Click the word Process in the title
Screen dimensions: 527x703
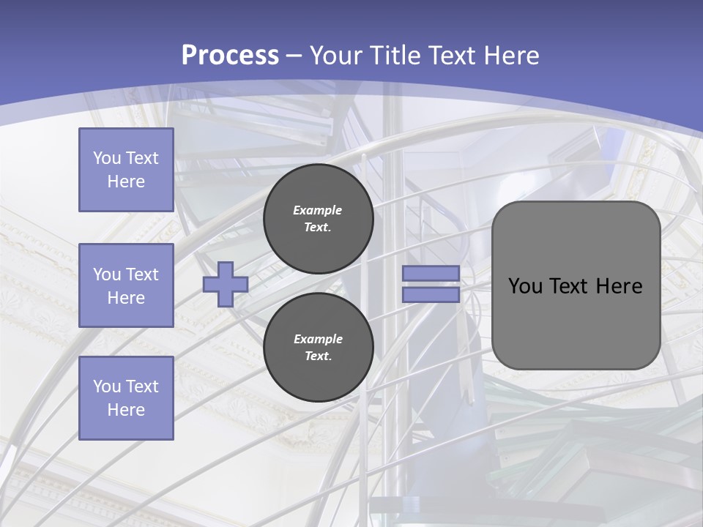230,56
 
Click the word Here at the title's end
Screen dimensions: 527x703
511,56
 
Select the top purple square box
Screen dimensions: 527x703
126,170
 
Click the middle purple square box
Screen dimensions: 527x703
126,285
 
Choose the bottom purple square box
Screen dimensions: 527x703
126,398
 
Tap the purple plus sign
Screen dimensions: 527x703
226,284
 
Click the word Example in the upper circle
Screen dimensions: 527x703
318,210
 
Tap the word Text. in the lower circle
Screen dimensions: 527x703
318,356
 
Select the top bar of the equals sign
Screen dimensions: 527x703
431,273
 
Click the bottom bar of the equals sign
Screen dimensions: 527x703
431,295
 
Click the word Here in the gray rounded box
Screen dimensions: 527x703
619,286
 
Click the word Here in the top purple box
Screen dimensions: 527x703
126,182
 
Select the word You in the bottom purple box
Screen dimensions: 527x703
107,386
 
